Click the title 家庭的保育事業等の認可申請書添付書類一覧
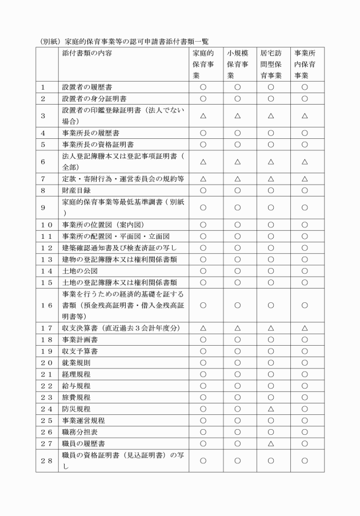(x=135, y=42)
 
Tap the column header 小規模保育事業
(x=238, y=64)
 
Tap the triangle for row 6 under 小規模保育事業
(x=238, y=162)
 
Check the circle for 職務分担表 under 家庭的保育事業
(x=203, y=431)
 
